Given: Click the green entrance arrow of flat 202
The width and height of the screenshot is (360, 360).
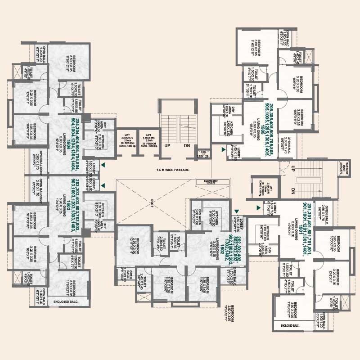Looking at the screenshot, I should point(236,211).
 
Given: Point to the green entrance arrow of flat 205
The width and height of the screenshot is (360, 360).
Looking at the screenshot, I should point(223,148).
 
